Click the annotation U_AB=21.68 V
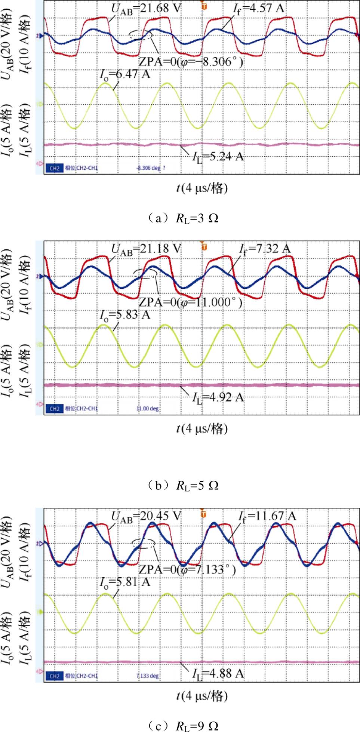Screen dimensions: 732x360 146,9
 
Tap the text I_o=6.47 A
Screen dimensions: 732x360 125,74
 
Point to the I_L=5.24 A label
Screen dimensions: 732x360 218,157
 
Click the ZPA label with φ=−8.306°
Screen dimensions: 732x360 191,62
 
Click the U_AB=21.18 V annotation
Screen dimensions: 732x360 146,249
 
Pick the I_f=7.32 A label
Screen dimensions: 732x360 265,249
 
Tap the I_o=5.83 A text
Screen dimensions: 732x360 125,315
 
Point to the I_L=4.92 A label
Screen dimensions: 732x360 218,397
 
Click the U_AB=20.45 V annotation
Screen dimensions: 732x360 146,516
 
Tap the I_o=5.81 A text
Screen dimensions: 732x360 125,582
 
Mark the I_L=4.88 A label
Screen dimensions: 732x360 218,673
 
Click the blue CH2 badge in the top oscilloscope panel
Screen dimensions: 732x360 55,168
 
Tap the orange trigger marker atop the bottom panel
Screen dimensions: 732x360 204,514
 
